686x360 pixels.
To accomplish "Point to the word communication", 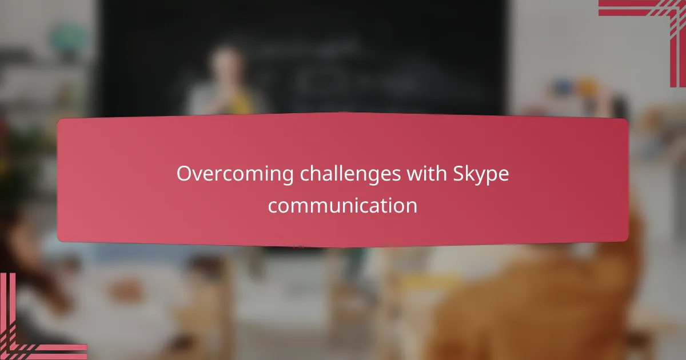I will [x=342, y=206].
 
